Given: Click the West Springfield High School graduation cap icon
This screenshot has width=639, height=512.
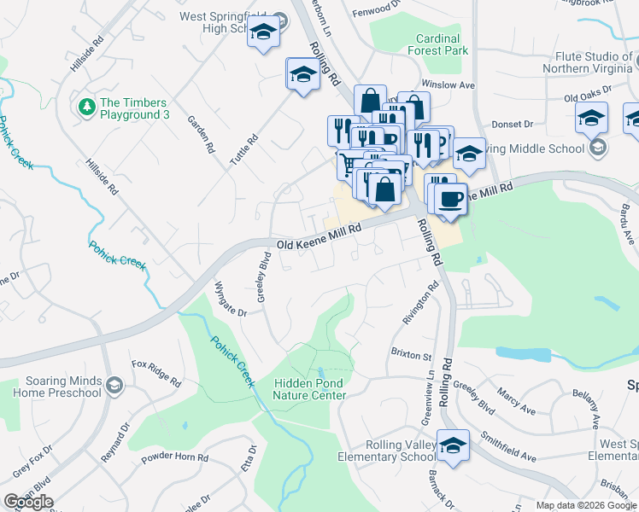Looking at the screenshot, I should [x=264, y=33].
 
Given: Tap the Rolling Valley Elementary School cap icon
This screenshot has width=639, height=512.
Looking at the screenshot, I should [x=452, y=445].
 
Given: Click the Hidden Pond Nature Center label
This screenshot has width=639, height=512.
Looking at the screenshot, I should [x=309, y=389].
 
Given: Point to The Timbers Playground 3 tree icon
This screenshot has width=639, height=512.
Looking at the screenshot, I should [x=85, y=108].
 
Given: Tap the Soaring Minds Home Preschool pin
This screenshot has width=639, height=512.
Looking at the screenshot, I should [x=114, y=387].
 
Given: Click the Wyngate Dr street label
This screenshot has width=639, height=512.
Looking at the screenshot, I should [x=230, y=300].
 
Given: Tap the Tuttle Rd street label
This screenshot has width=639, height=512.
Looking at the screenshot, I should [x=242, y=151].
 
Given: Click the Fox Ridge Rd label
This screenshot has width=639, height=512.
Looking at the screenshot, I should [x=156, y=372].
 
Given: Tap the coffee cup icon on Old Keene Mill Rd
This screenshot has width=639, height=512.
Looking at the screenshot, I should [x=449, y=200].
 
